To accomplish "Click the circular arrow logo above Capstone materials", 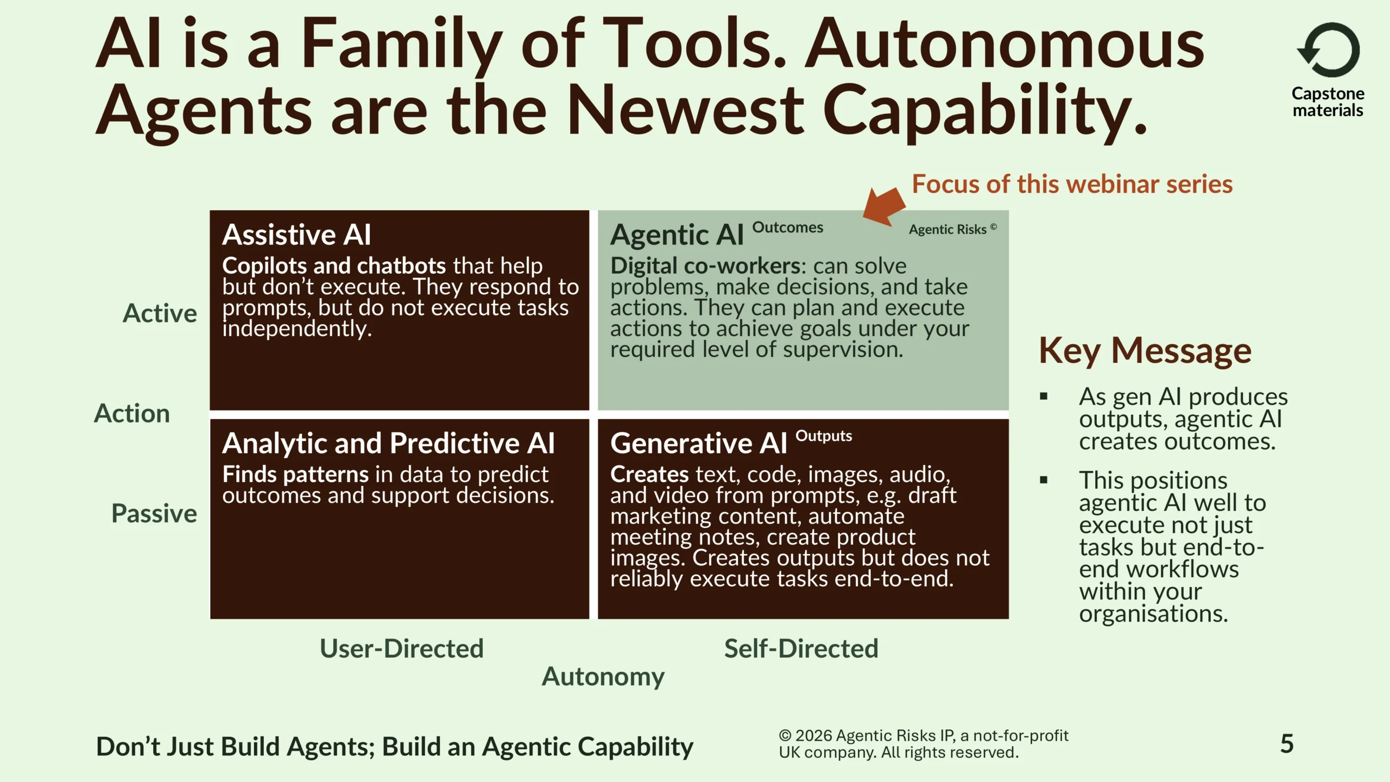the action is click(x=1328, y=50).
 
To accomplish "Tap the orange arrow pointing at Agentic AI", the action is click(x=884, y=206).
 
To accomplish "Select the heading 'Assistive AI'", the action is click(x=296, y=235).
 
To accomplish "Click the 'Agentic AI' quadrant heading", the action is click(x=677, y=235).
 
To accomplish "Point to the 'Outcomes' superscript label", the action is click(x=787, y=227).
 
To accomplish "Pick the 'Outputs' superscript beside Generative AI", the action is click(x=824, y=436).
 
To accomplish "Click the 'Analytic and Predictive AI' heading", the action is click(x=388, y=443).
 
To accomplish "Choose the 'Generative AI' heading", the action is click(x=698, y=443).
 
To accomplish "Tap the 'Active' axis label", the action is click(x=160, y=313).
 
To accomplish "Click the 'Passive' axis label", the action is click(x=154, y=513).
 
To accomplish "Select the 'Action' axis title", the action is click(x=132, y=413).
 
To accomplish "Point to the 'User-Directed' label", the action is click(x=402, y=648).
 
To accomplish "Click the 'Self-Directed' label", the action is click(x=801, y=648).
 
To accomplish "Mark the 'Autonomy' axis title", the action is click(x=603, y=677).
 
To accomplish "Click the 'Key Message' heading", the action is click(x=1145, y=351).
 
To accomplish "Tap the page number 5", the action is click(x=1287, y=743).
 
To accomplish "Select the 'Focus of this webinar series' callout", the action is click(x=1072, y=184).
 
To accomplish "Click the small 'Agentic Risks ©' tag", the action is click(x=953, y=229).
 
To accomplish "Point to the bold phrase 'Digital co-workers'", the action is click(x=705, y=266).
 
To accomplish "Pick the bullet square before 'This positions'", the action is click(x=1044, y=480).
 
